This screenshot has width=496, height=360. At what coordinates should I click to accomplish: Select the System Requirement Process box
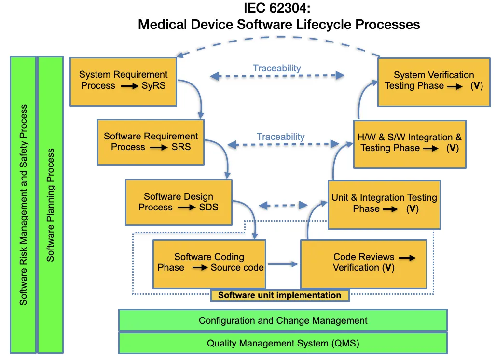124,81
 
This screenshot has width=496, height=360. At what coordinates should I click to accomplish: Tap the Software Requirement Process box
151,142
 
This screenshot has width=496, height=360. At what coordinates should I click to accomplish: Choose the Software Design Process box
178,202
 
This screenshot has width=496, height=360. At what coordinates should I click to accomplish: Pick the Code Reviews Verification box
363,263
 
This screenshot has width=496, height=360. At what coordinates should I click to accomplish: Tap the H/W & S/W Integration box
410,143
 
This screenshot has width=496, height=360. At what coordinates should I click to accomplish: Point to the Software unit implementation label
279,295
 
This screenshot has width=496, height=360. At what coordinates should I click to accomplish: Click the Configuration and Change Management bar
283,320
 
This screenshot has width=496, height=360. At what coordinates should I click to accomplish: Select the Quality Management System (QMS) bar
283,344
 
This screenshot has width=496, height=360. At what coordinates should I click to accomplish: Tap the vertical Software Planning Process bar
50,205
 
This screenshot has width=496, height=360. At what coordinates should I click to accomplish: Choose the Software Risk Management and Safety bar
23,205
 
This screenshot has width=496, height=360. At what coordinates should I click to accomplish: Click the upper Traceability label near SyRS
276,69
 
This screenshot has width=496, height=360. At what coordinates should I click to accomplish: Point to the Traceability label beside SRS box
280,137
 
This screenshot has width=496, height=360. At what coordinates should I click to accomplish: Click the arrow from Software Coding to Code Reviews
283,264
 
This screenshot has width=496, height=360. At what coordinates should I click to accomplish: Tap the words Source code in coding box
237,268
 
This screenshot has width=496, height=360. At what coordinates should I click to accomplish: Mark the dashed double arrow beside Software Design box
283,205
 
